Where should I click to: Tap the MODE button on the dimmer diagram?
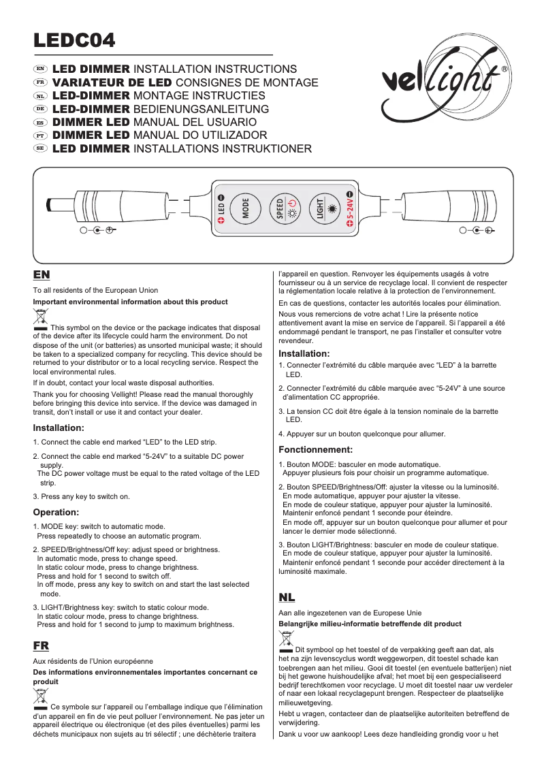[x=246, y=209]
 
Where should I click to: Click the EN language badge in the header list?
[x=40, y=69]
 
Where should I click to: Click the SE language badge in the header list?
[x=40, y=148]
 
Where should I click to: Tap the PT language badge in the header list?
[x=40, y=135]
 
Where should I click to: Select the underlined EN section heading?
[x=41, y=274]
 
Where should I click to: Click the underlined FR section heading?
[x=41, y=645]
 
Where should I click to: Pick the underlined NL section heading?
[x=287, y=597]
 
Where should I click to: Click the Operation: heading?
[x=57, y=511]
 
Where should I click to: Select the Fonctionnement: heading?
[x=316, y=449]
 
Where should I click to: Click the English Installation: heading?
[x=59, y=428]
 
